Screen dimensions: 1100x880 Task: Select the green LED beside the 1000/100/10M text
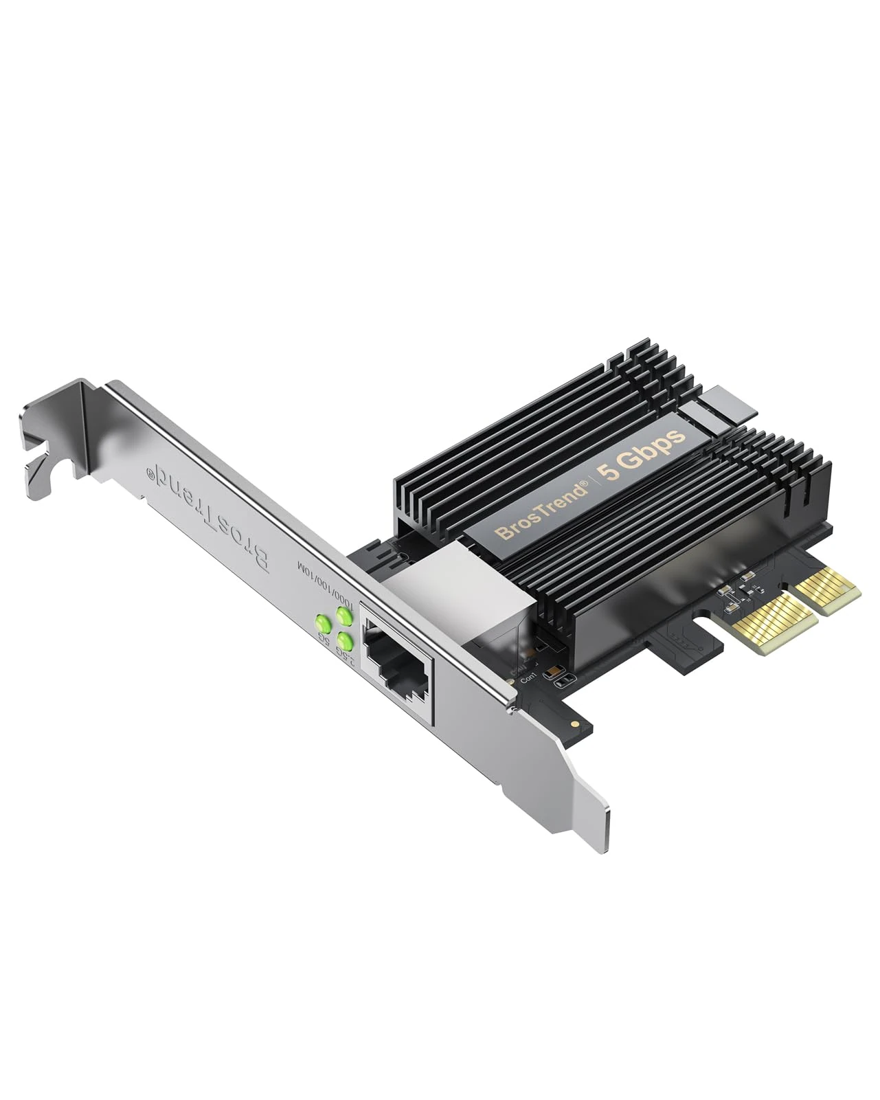[x=343, y=616]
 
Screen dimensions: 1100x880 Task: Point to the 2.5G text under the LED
[x=350, y=660]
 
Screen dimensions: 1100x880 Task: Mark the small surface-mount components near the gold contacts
[x=738, y=591]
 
